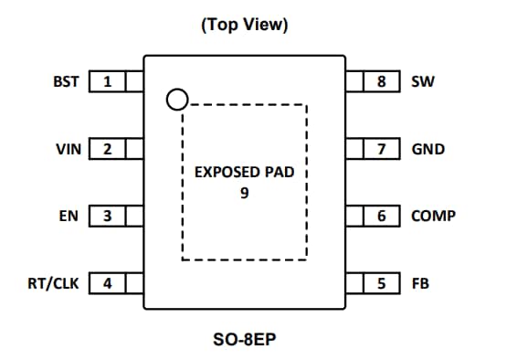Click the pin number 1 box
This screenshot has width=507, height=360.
coord(107,82)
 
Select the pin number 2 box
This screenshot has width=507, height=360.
coord(107,149)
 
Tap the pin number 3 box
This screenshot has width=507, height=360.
coord(107,217)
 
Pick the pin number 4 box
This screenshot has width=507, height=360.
coord(107,283)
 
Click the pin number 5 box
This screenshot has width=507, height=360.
coord(382,283)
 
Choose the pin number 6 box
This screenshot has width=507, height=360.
coord(382,217)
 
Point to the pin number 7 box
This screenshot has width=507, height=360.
coord(382,149)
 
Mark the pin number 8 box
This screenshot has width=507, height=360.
coord(382,82)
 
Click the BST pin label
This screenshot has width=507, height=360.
coord(67,82)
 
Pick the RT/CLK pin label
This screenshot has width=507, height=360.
coord(53,283)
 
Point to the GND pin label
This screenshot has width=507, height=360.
coord(428,149)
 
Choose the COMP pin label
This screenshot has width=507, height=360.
coord(433,217)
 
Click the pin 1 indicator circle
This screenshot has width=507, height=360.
coord(176,99)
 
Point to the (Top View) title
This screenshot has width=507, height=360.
coord(244,25)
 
